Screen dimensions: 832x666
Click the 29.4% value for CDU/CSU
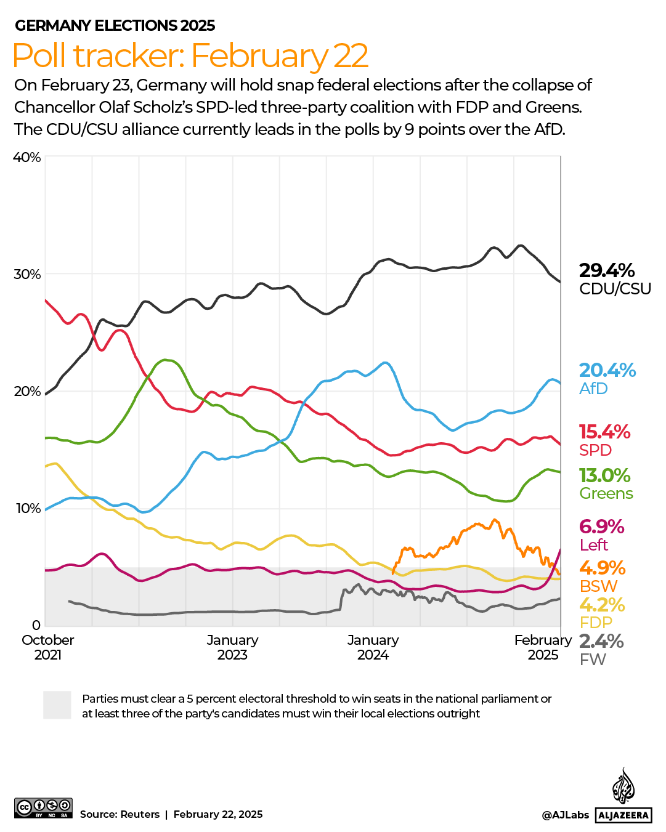(606, 270)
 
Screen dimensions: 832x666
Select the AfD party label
(593, 389)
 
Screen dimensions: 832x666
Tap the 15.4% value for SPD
(604, 432)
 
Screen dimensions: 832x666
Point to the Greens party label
(606, 493)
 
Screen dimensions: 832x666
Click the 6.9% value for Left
(601, 527)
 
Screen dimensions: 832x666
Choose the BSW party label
(598, 586)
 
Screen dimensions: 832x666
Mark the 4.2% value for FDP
(601, 605)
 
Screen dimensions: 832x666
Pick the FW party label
(593, 660)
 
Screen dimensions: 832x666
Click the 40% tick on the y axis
(27, 157)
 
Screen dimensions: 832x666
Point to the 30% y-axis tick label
(27, 274)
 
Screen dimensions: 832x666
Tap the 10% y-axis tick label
(27, 508)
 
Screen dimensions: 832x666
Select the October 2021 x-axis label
(47, 647)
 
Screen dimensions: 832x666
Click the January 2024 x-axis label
(373, 647)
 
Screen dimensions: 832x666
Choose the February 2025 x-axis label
(543, 647)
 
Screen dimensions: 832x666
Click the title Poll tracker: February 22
(190, 55)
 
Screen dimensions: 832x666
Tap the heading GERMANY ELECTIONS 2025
(115, 25)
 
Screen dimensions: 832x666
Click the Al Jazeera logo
(623, 796)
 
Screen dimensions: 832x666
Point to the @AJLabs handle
(565, 815)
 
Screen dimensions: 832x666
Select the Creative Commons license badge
(43, 807)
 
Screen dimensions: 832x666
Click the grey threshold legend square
(57, 705)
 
